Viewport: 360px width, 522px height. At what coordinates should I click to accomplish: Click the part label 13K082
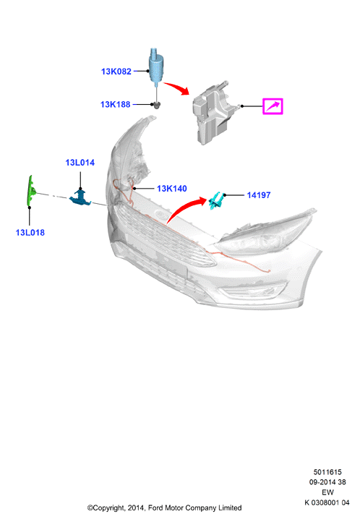pyautogui.click(x=116, y=72)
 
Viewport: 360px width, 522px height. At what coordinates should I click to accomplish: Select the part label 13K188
pyautogui.click(x=116, y=105)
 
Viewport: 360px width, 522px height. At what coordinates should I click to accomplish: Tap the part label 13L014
pyautogui.click(x=80, y=163)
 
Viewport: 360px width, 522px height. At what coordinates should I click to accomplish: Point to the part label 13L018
pyautogui.click(x=30, y=232)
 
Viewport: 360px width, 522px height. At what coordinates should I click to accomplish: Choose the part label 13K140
pyautogui.click(x=171, y=189)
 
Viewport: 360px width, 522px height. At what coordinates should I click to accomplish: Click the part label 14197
pyautogui.click(x=259, y=195)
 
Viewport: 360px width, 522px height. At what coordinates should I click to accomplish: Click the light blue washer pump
pyautogui.click(x=155, y=66)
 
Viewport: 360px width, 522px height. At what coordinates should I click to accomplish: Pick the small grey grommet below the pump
pyautogui.click(x=158, y=106)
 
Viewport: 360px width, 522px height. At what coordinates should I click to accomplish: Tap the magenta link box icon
pyautogui.click(x=273, y=106)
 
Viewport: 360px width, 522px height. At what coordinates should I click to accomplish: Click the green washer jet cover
pyautogui.click(x=31, y=191)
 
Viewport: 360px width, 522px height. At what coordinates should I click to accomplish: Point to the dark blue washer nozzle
pyautogui.click(x=80, y=197)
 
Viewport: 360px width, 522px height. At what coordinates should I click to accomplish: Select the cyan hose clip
pyautogui.click(x=215, y=201)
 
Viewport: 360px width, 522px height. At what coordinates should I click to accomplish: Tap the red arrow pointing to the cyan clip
pyautogui.click(x=185, y=207)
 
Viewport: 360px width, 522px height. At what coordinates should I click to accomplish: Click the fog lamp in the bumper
pyautogui.click(x=252, y=291)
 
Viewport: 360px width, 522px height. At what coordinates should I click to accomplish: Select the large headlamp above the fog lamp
pyautogui.click(x=266, y=233)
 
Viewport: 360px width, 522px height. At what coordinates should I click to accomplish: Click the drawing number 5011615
pyautogui.click(x=327, y=472)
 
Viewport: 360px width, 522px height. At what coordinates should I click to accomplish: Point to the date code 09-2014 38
pyautogui.click(x=327, y=482)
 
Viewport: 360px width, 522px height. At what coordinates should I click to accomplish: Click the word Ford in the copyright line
pyautogui.click(x=155, y=508)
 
